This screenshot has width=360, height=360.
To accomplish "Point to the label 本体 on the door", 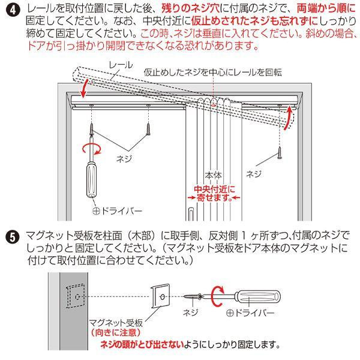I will coord(214,176).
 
